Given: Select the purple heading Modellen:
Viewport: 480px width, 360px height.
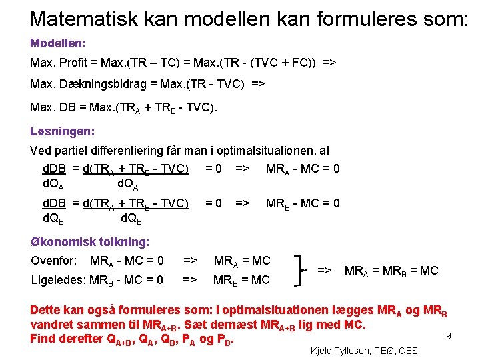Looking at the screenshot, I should pyautogui.click(x=58, y=43).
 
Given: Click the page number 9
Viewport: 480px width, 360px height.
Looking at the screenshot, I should pyautogui.click(x=449, y=337).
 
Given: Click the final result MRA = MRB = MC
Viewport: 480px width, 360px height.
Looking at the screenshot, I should pyautogui.click(x=391, y=271).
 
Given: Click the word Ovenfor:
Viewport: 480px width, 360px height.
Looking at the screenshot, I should pyautogui.click(x=54, y=261).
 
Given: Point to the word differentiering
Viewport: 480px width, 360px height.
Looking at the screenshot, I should pyautogui.click(x=157, y=151).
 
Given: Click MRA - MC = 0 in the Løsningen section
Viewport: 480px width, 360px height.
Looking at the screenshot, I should pyautogui.click(x=303, y=169).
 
